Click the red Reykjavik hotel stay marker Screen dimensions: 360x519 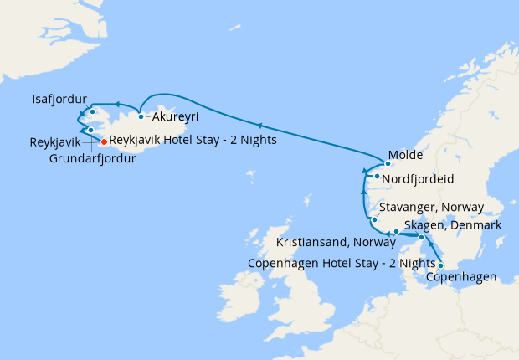pos(104,141)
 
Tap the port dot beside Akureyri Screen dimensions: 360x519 pos(141,116)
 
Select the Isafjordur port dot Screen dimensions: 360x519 pos(92,112)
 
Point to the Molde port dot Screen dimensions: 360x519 pos(388,164)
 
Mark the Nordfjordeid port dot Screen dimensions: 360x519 pos(378,177)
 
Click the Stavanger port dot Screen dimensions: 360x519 pos(374,220)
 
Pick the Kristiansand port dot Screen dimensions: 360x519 pos(396,231)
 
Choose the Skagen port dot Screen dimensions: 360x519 pos(421,238)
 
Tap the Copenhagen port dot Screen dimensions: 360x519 pos(440,266)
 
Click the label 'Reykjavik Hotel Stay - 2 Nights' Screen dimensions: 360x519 pos(193,141)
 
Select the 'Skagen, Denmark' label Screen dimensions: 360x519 pos(452,226)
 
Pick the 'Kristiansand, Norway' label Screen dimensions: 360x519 pos(336,244)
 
